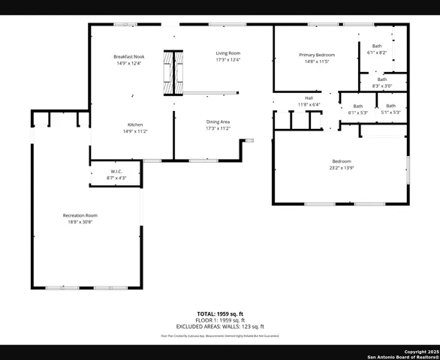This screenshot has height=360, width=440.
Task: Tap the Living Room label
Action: (228, 53)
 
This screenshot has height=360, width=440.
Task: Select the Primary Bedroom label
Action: (316, 55)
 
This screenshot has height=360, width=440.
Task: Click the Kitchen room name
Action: (135, 124)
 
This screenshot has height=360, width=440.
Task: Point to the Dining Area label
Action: (218, 121)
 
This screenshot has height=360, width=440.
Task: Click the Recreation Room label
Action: (80, 215)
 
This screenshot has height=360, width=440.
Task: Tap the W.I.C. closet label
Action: (116, 172)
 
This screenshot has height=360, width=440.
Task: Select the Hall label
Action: (308, 97)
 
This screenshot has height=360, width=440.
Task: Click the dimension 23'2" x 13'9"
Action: (342, 168)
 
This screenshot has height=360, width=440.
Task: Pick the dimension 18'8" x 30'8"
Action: (80, 222)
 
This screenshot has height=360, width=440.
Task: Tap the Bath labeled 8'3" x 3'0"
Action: (382, 82)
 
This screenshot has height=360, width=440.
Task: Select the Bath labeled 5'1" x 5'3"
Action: (390, 109)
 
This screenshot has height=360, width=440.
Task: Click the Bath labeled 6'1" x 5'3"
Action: (358, 109)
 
